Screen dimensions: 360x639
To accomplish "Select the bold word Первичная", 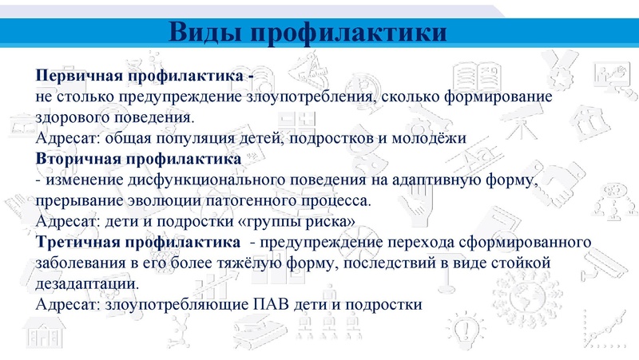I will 77,76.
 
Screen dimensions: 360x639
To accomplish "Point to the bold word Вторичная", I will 75,159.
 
